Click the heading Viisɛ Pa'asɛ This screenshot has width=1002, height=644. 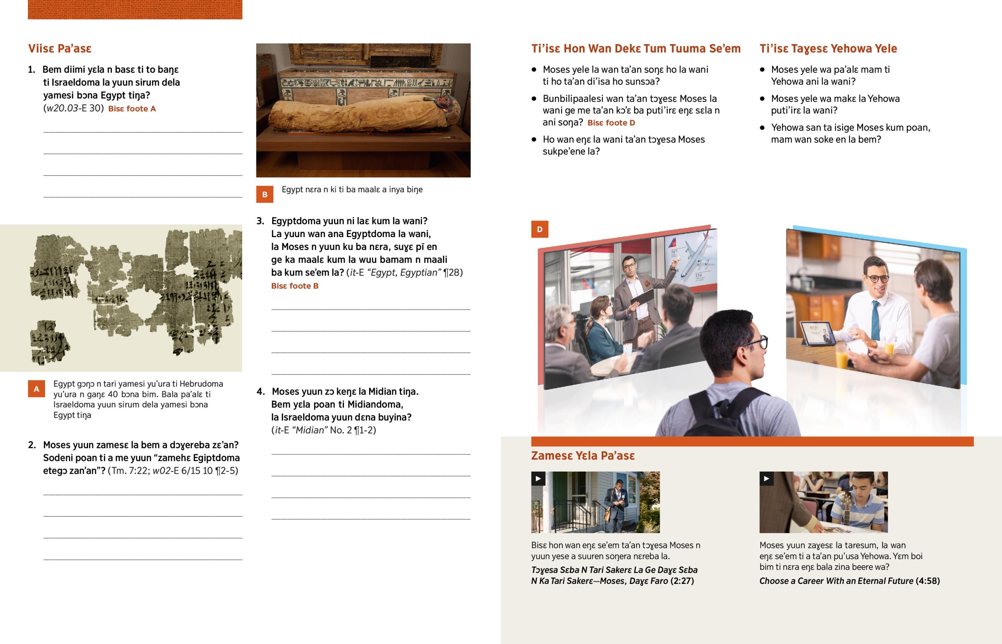click(60, 48)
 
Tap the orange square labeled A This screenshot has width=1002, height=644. click(36, 389)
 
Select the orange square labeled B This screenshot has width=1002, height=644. click(265, 194)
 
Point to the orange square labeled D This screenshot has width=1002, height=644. click(539, 229)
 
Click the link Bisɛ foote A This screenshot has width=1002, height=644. click(132, 109)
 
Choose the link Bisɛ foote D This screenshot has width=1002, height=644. click(611, 123)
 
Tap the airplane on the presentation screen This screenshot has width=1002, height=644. click(694, 255)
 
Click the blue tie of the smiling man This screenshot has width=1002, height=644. click(875, 319)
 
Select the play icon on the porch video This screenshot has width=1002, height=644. click(538, 479)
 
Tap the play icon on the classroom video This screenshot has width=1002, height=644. click(767, 479)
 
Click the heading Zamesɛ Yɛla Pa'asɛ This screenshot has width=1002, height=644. click(583, 455)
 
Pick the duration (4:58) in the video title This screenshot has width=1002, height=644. click(928, 581)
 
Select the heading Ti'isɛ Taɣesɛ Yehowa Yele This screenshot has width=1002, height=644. click(828, 48)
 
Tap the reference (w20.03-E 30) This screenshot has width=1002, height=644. click(73, 109)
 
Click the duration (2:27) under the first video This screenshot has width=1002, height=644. click(682, 581)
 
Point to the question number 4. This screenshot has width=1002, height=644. click(261, 391)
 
